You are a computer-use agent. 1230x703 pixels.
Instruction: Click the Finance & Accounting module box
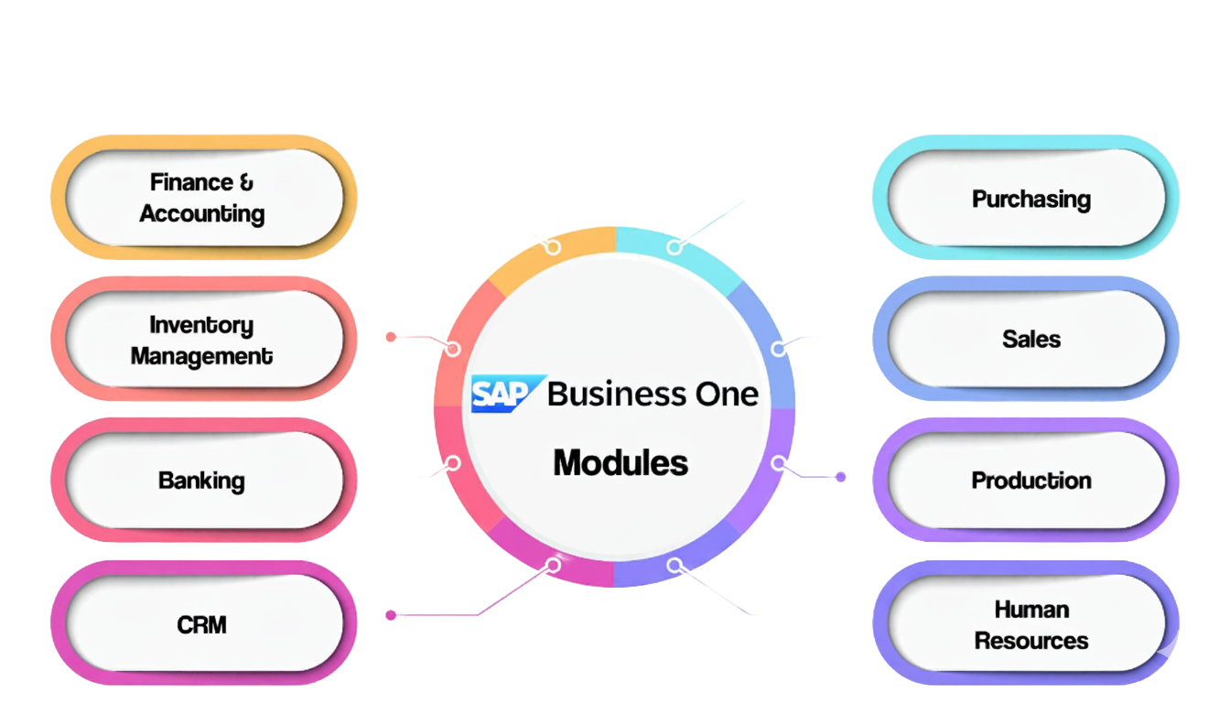tap(202, 198)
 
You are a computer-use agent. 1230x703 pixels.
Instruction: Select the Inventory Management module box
tap(202, 340)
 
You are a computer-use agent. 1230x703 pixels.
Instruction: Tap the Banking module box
tap(202, 481)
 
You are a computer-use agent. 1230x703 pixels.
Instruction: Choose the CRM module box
tap(202, 624)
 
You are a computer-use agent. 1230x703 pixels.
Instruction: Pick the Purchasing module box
tap(1030, 199)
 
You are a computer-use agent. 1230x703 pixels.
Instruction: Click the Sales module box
tap(1030, 339)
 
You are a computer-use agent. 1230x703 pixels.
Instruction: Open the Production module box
tap(1030, 481)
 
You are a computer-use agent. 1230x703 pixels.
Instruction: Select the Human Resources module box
tap(1030, 624)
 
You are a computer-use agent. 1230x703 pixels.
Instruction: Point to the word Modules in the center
tap(620, 462)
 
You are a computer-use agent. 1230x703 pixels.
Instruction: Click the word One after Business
tap(725, 395)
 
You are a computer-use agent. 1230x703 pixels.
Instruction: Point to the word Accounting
tap(202, 214)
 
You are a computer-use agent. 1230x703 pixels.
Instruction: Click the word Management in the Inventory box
tap(202, 356)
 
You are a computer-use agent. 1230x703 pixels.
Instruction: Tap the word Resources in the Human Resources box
tap(1030, 641)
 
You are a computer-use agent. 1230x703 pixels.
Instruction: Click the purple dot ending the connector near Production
tap(841, 477)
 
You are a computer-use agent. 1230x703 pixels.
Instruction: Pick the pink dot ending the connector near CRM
tap(391, 615)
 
